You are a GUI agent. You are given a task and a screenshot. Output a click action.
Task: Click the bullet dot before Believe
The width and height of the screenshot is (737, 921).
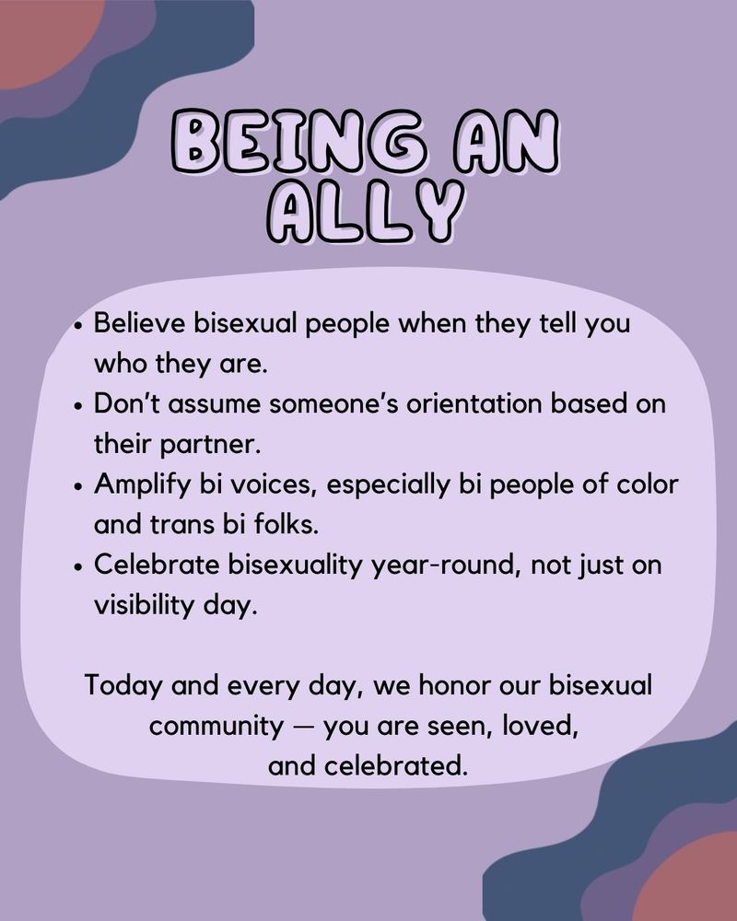pos(81,326)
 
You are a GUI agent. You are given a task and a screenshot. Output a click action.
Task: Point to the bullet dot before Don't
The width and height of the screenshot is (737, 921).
pos(81,405)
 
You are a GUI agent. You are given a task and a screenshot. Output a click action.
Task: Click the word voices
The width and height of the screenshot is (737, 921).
pos(271,484)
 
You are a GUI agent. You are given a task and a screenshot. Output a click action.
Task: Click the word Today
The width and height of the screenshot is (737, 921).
pos(120,685)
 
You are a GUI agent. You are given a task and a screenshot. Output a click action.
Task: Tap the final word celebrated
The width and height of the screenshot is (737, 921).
pos(404,765)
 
